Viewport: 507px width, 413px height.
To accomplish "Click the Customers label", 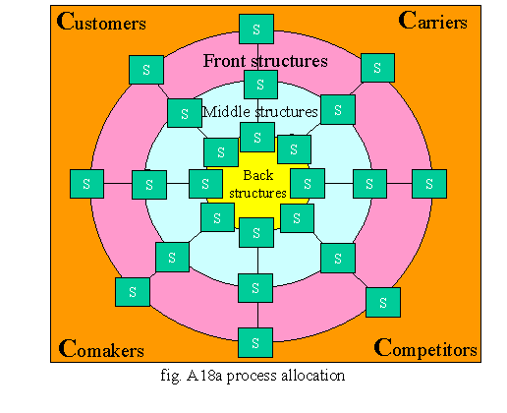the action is (101, 22).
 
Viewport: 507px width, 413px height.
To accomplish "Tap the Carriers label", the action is (432, 21).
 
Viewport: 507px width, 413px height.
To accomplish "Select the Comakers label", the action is (101, 349).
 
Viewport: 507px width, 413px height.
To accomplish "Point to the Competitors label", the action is (425, 349).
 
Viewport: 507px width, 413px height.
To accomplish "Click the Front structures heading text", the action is (265, 61).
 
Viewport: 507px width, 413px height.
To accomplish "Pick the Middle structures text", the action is (259, 112).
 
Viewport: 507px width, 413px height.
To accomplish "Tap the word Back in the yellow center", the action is (258, 175).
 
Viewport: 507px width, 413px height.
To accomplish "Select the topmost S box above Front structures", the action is (256, 29).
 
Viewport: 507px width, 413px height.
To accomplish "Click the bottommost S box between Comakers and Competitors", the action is (255, 342).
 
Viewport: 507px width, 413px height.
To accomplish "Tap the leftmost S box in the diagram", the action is (86, 184).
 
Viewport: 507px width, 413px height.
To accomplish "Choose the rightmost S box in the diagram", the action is (429, 184).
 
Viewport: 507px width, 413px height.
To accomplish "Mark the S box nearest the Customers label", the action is (146, 70).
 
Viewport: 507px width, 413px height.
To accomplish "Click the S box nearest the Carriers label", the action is (377, 68).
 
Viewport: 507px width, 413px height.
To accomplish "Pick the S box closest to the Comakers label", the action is (133, 292).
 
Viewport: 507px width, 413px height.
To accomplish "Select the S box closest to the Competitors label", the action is (383, 303).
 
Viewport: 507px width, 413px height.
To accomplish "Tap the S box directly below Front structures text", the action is (260, 85).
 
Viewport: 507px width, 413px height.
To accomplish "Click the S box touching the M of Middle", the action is (185, 113).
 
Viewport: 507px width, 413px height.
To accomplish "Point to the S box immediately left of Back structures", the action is (205, 184).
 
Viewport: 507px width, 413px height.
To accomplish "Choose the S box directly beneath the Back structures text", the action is (256, 233).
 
